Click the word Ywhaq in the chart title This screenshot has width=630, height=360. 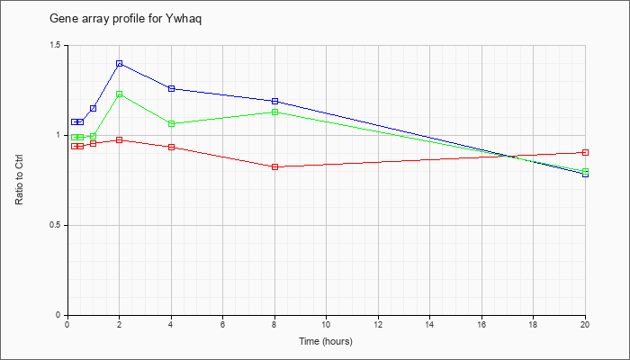pyautogui.click(x=184, y=19)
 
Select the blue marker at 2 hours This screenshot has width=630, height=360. pyautogui.click(x=120, y=64)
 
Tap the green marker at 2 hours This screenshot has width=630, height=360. pyautogui.click(x=120, y=94)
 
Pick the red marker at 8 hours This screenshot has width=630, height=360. pyautogui.click(x=275, y=166)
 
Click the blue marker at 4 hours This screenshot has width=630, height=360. pyautogui.click(x=172, y=88)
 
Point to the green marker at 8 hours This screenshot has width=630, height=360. pyautogui.click(x=275, y=112)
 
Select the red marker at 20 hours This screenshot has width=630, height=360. pyautogui.click(x=585, y=152)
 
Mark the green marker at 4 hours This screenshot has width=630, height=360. pyautogui.click(x=172, y=124)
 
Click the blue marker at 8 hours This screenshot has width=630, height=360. pyautogui.click(x=275, y=101)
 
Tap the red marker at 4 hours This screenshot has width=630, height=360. pyautogui.click(x=172, y=147)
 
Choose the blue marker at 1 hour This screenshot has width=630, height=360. pyautogui.click(x=94, y=109)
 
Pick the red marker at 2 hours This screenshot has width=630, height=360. pyautogui.click(x=120, y=139)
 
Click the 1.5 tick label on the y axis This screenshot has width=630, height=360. pyautogui.click(x=56, y=45)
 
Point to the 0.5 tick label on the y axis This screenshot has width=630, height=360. pyautogui.click(x=56, y=225)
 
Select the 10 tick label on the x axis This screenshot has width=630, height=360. pyautogui.click(x=326, y=324)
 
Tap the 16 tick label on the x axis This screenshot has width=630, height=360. pyautogui.click(x=481, y=324)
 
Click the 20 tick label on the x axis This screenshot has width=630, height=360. pyautogui.click(x=585, y=324)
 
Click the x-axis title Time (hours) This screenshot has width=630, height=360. pyautogui.click(x=326, y=341)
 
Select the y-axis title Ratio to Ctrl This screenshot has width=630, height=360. pyautogui.click(x=19, y=180)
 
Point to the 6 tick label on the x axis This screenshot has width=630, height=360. pyautogui.click(x=223, y=324)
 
